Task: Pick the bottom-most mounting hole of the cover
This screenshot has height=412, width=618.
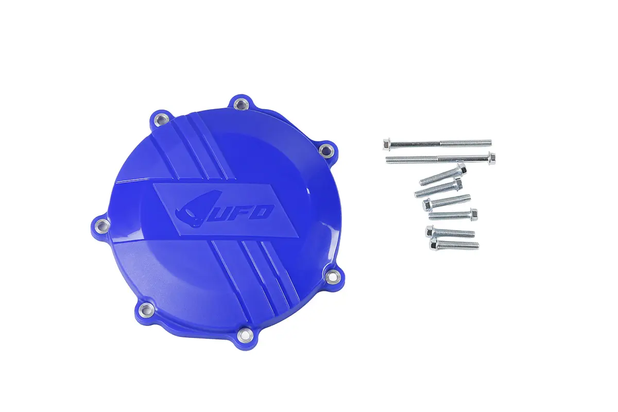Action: pos(245,335)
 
